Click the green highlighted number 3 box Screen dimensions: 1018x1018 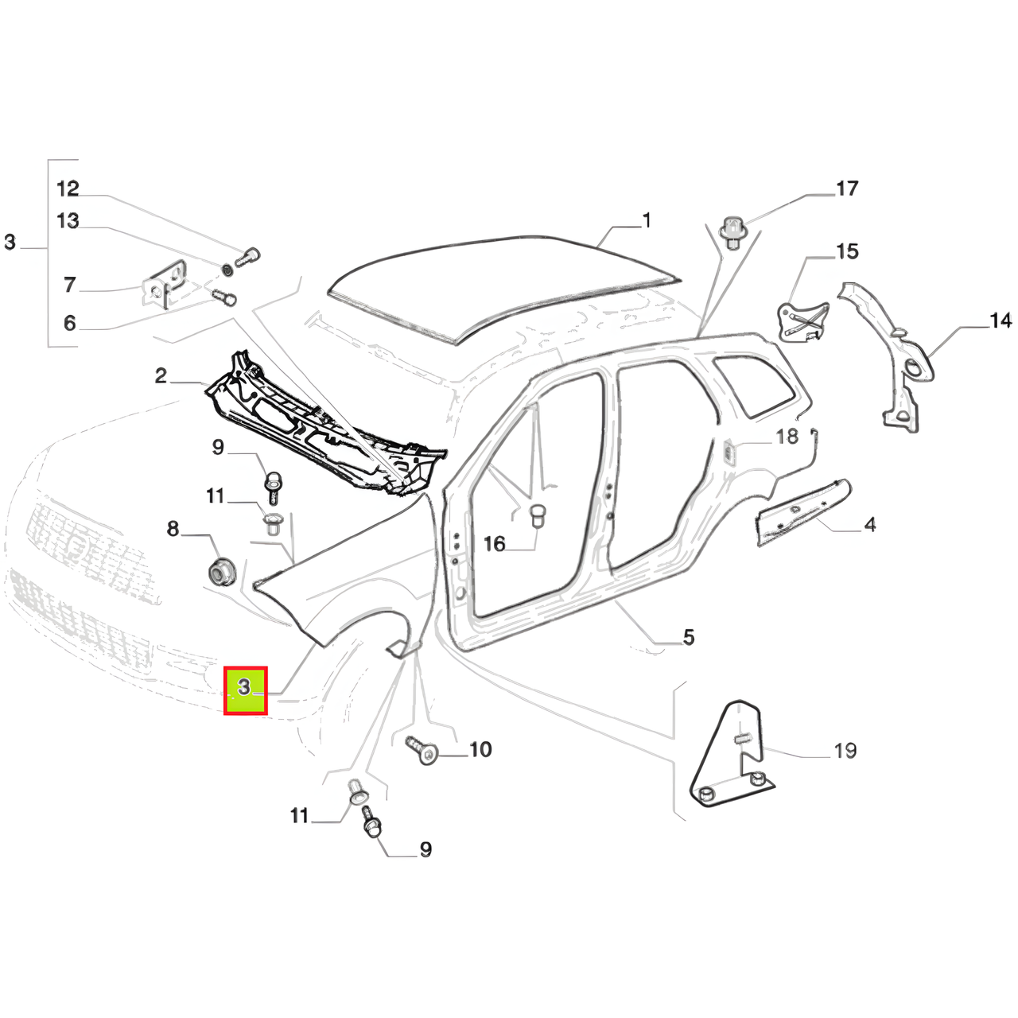[246, 690]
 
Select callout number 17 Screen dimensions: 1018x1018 [847, 188]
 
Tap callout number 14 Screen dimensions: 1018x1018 [1000, 321]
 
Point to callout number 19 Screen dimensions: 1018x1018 [845, 750]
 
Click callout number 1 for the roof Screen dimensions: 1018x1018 [647, 220]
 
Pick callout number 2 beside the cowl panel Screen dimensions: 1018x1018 [161, 375]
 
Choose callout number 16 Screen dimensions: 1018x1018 [495, 544]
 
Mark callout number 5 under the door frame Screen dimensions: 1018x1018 [689, 636]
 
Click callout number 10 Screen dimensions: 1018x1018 [480, 749]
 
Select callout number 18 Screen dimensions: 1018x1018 [787, 437]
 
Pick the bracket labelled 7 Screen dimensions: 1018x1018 [161, 291]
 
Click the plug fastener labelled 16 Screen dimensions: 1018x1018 [538, 515]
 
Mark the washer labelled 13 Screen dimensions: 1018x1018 [226, 268]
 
